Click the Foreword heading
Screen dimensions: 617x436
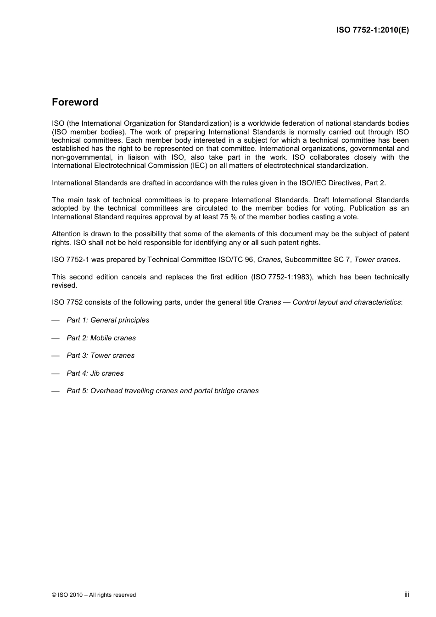click(75, 102)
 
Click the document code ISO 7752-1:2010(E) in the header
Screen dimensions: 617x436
click(372, 30)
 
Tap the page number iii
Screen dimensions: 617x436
click(407, 594)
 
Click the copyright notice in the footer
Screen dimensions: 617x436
click(94, 595)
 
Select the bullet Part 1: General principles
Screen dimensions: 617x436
click(108, 320)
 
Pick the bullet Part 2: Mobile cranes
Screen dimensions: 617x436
click(101, 338)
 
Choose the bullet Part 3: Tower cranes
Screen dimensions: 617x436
click(101, 356)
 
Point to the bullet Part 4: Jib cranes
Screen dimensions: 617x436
click(95, 373)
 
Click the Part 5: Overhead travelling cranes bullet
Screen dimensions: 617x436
click(162, 391)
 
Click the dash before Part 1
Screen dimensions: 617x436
click(56, 321)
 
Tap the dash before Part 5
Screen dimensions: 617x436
click(56, 391)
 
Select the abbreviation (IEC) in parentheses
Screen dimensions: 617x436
click(197, 166)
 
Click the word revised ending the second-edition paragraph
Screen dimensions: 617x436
click(64, 285)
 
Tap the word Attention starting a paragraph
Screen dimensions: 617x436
click(66, 234)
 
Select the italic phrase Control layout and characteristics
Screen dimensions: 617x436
click(347, 302)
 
